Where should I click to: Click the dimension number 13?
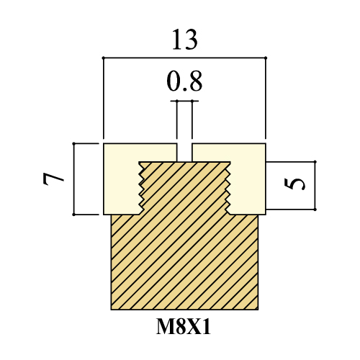[x=185, y=40]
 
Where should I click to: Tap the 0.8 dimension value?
[x=184, y=81]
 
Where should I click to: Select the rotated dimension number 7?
[x=53, y=179]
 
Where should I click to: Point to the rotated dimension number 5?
[x=295, y=184]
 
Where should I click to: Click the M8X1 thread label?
[x=184, y=327]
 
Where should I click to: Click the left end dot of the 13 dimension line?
[x=104, y=58]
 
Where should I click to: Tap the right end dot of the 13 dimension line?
[x=266, y=58]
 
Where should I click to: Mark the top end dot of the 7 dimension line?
[x=73, y=143]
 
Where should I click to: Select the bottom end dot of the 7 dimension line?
[x=73, y=215]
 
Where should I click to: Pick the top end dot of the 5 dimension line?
[x=315, y=162]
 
